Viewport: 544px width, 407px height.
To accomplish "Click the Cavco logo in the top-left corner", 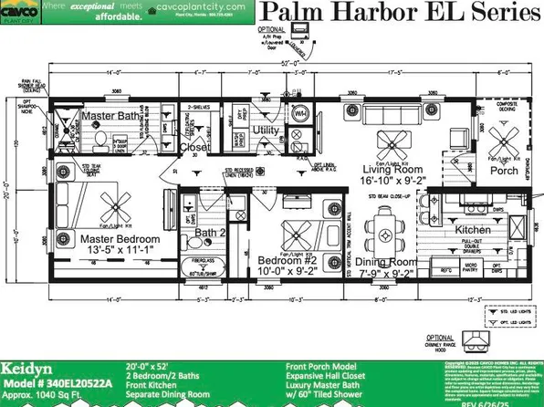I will (20, 17).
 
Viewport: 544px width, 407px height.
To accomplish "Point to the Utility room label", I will (266, 130).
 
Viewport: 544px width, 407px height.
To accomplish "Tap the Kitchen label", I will (471, 229).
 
